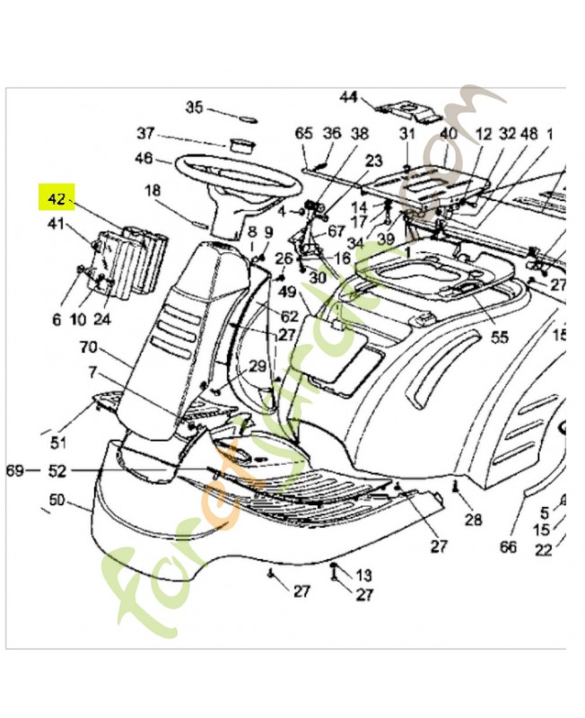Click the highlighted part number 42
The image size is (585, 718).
pyautogui.click(x=57, y=197)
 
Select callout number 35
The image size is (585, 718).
pyautogui.click(x=195, y=107)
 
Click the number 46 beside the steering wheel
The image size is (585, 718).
pyautogui.click(x=144, y=160)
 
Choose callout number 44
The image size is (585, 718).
pyautogui.click(x=349, y=97)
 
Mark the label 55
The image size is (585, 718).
pyautogui.click(x=498, y=337)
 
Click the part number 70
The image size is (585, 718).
pyautogui.click(x=88, y=346)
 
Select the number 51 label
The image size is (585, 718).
pyautogui.click(x=58, y=442)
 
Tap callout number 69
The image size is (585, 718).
pyautogui.click(x=15, y=470)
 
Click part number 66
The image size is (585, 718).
pyautogui.click(x=508, y=547)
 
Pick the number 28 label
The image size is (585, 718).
pyautogui.click(x=473, y=520)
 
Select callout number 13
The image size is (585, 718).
pyautogui.click(x=363, y=574)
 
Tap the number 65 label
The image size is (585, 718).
pyautogui.click(x=303, y=134)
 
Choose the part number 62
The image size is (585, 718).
pyautogui.click(x=290, y=316)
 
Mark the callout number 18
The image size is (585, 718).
pyautogui.click(x=153, y=190)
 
